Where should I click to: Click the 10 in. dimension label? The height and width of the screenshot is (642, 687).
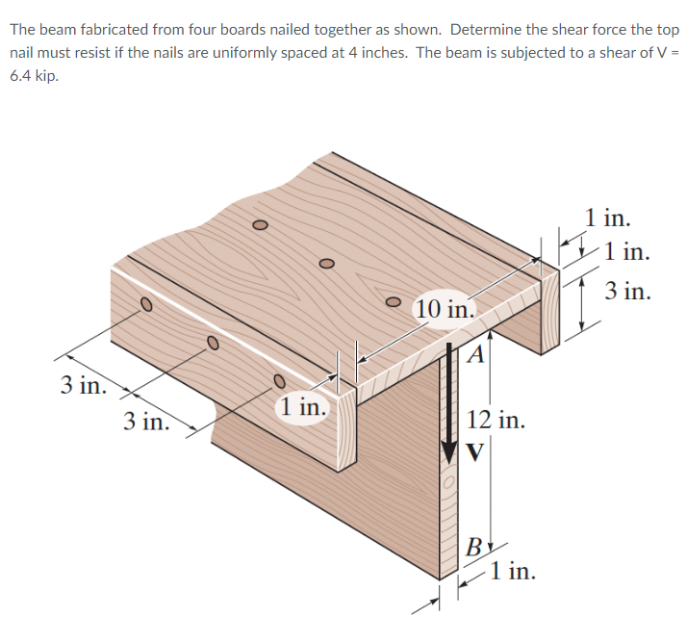[445, 309]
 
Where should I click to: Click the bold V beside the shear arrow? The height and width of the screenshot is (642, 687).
[475, 450]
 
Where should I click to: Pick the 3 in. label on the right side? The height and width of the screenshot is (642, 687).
[628, 291]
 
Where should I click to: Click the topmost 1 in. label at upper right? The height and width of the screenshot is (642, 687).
[608, 217]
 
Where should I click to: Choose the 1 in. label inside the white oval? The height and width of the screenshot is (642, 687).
[302, 407]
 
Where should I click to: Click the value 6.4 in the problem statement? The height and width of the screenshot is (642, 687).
[24, 73]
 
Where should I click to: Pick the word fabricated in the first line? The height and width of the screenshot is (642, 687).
[114, 29]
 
